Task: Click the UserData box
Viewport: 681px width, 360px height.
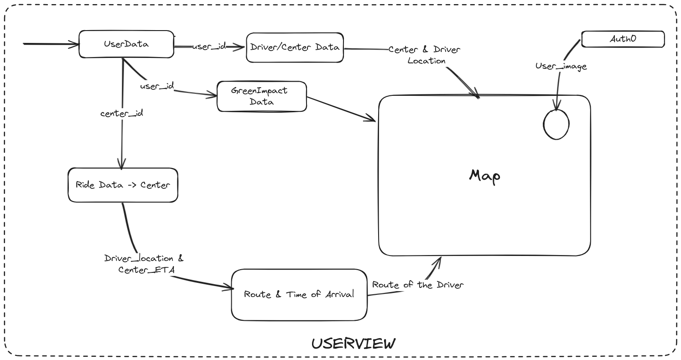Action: [x=126, y=44]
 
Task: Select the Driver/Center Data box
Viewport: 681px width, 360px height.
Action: [x=295, y=47]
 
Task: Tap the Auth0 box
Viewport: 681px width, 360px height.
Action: [x=623, y=39]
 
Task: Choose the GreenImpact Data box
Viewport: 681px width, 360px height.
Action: [x=261, y=96]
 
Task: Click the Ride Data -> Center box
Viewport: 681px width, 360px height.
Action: [x=123, y=185]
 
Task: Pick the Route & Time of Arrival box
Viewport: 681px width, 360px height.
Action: [x=299, y=295]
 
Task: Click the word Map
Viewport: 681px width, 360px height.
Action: [x=484, y=176]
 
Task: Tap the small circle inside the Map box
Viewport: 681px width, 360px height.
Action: [x=556, y=125]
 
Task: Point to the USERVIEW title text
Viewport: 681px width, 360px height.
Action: [x=353, y=344]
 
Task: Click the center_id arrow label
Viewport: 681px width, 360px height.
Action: [x=122, y=113]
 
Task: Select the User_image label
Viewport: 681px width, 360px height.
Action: [x=561, y=67]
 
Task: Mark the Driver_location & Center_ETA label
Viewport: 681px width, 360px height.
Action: [x=144, y=264]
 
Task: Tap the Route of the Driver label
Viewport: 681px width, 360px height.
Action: [x=417, y=285]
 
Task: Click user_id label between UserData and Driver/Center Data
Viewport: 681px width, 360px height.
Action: [x=209, y=47]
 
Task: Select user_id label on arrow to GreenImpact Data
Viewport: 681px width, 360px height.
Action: [x=156, y=86]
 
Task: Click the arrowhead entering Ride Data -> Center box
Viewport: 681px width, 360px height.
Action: [x=121, y=164]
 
